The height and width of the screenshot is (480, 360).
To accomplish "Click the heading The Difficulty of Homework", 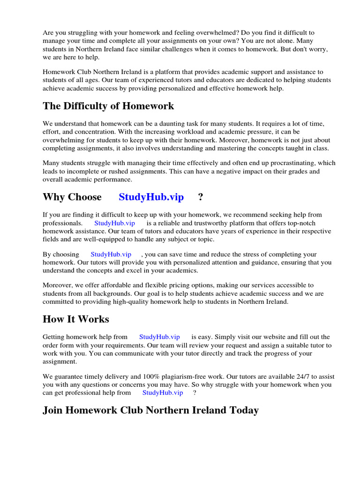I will pyautogui.click(x=108, y=106).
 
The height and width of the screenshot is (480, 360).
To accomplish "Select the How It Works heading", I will pyautogui.click(x=76, y=319).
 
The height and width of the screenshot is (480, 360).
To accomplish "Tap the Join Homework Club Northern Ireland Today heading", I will pyautogui.click(x=150, y=410).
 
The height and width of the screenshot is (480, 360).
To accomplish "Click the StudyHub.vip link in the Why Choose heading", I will pyautogui.click(x=151, y=197).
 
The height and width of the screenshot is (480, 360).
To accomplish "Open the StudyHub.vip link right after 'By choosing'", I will pyautogui.click(x=111, y=254).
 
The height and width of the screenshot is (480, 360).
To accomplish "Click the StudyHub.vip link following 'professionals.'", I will pyautogui.click(x=114, y=223).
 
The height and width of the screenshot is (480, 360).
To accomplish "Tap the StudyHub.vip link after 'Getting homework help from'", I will pyautogui.click(x=159, y=337).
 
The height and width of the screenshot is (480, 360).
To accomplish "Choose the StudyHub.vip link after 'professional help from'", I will pyautogui.click(x=163, y=393).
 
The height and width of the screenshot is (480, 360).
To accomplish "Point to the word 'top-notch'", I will pyautogui.click(x=316, y=223).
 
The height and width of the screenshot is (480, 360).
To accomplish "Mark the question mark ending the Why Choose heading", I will pyautogui.click(x=201, y=197).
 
